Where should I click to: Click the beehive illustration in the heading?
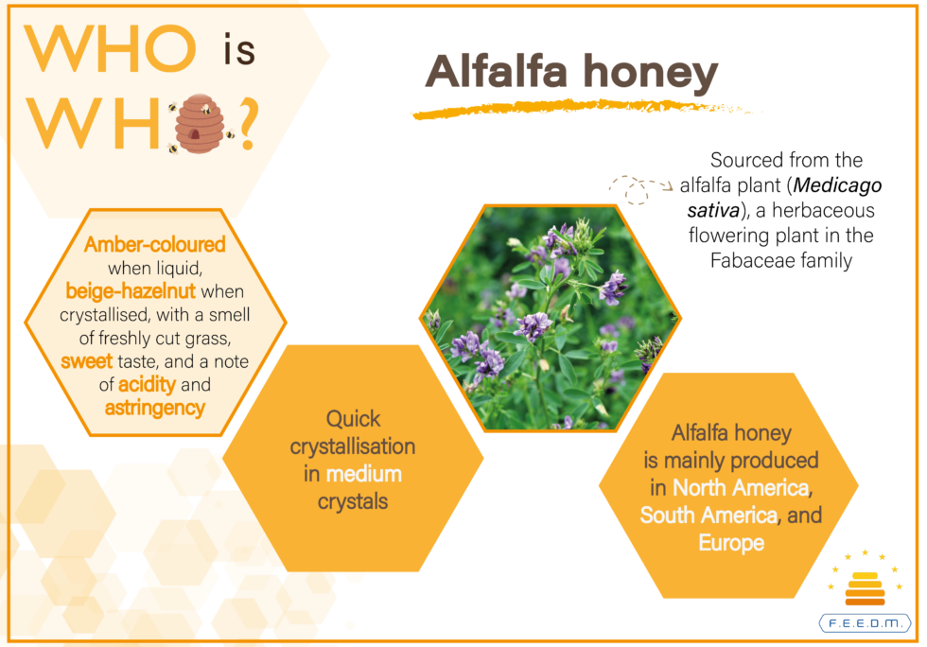(x=200, y=124)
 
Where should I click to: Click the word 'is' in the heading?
(x=239, y=49)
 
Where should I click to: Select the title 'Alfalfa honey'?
(x=571, y=73)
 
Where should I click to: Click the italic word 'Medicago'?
(x=837, y=185)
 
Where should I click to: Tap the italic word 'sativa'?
(x=713, y=211)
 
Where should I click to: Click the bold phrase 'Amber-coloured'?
(x=155, y=244)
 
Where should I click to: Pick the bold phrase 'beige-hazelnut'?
(x=131, y=291)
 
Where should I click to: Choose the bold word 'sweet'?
(x=86, y=361)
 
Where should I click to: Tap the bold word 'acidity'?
(x=148, y=385)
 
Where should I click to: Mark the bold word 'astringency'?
(x=155, y=408)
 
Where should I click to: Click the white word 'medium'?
(x=363, y=474)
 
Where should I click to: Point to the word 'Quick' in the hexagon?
(x=354, y=419)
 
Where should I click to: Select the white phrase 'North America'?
(x=741, y=488)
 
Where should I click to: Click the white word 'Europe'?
(x=731, y=543)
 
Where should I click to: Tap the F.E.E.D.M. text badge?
(x=865, y=623)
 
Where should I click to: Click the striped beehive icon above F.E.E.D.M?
(x=865, y=587)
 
